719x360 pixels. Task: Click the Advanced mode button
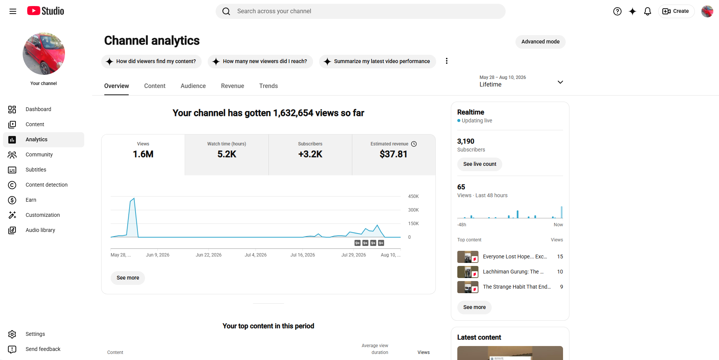[540, 42]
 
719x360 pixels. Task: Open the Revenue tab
[233, 86]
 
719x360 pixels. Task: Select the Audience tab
[193, 86]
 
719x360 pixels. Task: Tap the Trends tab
[268, 86]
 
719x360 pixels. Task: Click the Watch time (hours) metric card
[227, 155]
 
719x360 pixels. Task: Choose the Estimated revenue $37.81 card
[394, 155]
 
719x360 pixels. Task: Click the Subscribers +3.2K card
[310, 155]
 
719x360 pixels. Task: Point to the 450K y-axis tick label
[414, 196]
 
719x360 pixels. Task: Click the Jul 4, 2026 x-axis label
[256, 255]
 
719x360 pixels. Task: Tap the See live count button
[480, 164]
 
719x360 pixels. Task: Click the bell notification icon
[648, 11]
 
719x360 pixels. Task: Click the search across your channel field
[361, 11]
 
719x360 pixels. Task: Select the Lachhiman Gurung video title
[513, 272]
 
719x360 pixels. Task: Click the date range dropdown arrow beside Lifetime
[560, 82]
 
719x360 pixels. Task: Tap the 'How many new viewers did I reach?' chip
[260, 62]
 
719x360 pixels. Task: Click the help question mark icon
[617, 11]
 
